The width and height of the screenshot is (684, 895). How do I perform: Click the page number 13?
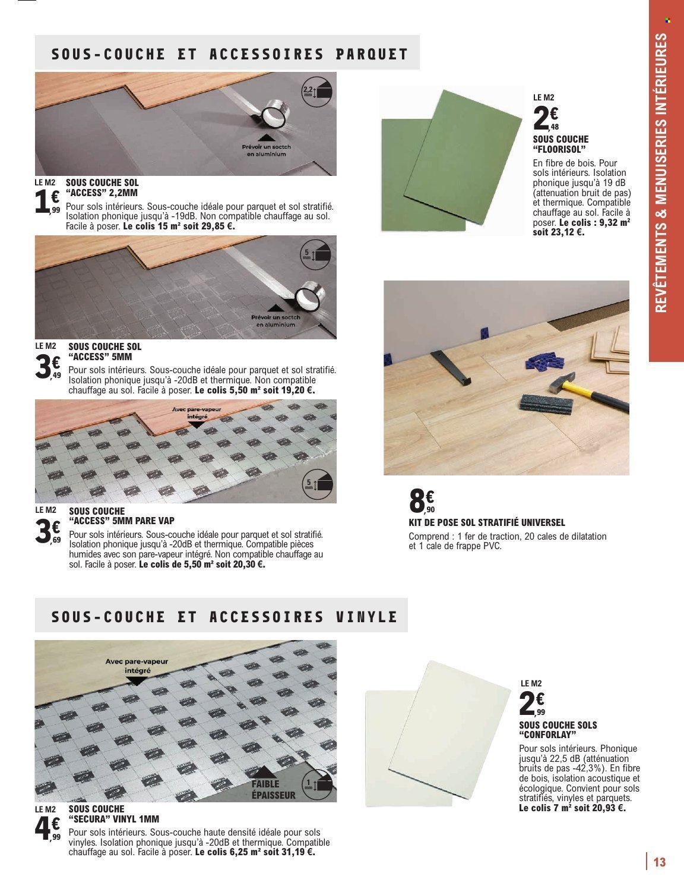[x=658, y=862]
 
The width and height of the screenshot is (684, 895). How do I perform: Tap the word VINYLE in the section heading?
[x=363, y=617]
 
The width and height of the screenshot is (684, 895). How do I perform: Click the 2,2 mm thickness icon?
[x=316, y=91]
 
